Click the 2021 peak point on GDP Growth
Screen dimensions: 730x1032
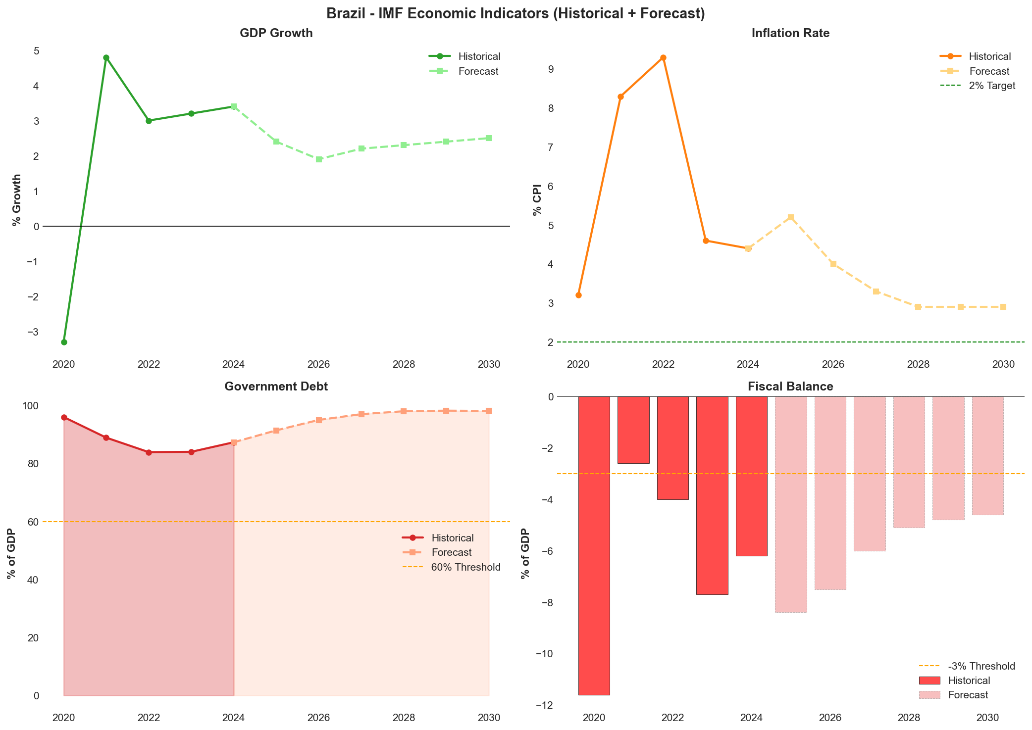tap(106, 57)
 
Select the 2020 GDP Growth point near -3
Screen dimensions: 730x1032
tap(64, 342)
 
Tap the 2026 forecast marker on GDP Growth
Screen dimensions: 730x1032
tap(319, 159)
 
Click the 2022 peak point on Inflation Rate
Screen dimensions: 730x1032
tap(663, 57)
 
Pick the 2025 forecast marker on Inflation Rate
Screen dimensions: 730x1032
tap(791, 217)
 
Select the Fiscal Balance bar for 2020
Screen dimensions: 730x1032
tap(594, 544)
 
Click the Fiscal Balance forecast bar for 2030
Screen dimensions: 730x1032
tap(987, 455)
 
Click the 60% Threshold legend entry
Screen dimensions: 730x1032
tap(465, 567)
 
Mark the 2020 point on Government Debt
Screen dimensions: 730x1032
tap(64, 417)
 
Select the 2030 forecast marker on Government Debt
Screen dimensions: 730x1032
tap(489, 411)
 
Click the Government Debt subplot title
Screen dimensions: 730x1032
tap(276, 387)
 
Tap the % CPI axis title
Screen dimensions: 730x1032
tap(537, 199)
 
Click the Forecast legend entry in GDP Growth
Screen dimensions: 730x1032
tap(478, 71)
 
